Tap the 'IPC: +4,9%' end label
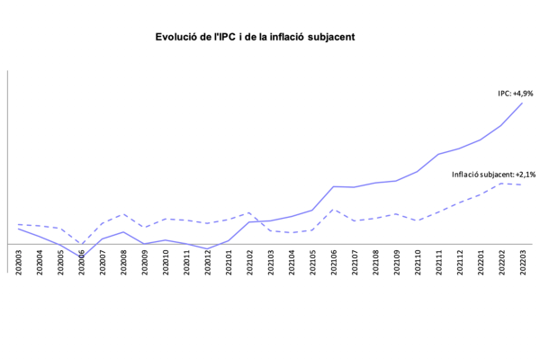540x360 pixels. [x=517, y=93]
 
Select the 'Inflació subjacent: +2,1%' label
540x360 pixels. [x=494, y=174]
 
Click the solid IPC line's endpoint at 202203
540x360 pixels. [x=523, y=103]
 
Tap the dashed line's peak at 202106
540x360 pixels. [x=334, y=210]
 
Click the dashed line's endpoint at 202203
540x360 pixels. [x=523, y=184]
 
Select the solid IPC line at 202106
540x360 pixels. [x=334, y=186]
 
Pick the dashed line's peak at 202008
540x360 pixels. [x=124, y=214]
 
